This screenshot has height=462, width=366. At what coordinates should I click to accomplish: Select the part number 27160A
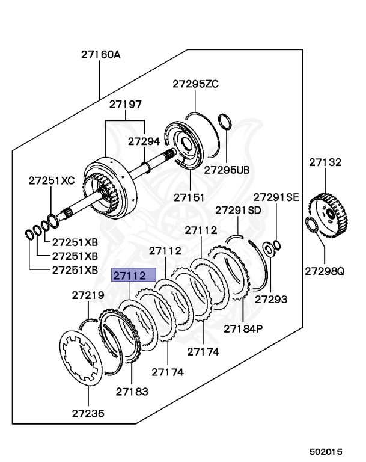(101, 55)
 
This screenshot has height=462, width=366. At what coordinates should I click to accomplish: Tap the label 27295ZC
(196, 84)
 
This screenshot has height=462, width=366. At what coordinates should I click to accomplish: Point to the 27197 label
(125, 105)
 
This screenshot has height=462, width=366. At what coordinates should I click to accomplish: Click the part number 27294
(144, 141)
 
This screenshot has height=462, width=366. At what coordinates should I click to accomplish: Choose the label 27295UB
(227, 170)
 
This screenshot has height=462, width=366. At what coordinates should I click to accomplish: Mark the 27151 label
(190, 197)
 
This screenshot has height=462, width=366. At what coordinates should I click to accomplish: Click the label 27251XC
(52, 180)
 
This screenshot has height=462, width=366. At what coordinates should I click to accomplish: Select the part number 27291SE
(275, 197)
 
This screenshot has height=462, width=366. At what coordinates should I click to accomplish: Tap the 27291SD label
(239, 210)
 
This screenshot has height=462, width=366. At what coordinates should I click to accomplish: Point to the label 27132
(325, 162)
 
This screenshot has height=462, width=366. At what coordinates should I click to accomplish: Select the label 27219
(88, 295)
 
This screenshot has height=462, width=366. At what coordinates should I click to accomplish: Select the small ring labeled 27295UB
(226, 120)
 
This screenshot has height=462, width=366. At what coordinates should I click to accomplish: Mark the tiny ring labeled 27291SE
(276, 244)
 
